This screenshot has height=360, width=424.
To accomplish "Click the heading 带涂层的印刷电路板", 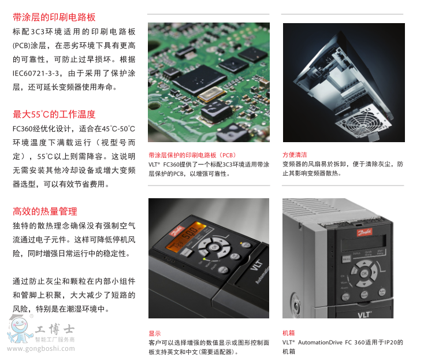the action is [54, 17].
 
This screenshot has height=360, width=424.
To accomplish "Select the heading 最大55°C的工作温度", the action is [54, 114].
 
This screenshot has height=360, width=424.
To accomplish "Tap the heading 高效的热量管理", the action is [45, 211].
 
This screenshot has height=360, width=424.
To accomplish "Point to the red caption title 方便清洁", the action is [295, 155].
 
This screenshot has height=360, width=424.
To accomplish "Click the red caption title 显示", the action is [155, 333].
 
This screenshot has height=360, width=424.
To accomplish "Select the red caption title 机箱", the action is [288, 333].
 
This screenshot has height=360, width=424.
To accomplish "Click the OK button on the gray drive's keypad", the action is [365, 273].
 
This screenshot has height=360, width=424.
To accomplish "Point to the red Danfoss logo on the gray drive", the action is [365, 232].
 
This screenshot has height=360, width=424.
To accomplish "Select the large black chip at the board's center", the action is [199, 79].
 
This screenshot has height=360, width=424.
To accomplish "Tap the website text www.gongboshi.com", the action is [41, 348].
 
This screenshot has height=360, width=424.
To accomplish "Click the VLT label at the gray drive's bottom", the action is [365, 314].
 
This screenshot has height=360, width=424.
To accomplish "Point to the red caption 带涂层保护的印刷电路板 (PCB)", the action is [192, 155].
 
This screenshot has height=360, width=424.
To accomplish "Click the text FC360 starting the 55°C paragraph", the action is [23, 129].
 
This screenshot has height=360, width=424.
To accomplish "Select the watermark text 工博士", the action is [55, 329].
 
